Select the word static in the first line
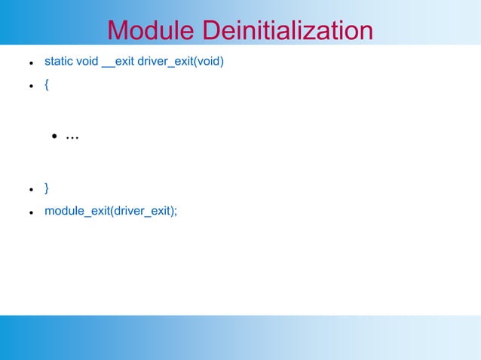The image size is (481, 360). pyautogui.click(x=59, y=60)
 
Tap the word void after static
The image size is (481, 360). pyautogui.click(x=87, y=60)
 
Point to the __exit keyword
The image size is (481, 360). pyautogui.click(x=118, y=60)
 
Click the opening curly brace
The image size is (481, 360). pyautogui.click(x=47, y=85)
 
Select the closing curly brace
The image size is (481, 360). pyautogui.click(x=47, y=186)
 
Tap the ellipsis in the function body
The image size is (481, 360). pyautogui.click(x=72, y=137)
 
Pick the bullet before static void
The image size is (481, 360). pyautogui.click(x=29, y=62)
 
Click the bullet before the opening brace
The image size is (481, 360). pyautogui.click(x=29, y=87)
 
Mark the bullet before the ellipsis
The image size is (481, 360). pyautogui.click(x=55, y=137)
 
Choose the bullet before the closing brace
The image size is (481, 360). pyautogui.click(x=29, y=188)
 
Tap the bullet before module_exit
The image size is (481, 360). pyautogui.click(x=29, y=212)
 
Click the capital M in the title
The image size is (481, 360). pyautogui.click(x=117, y=31)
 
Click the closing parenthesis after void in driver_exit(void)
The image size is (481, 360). pyautogui.click(x=222, y=60)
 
